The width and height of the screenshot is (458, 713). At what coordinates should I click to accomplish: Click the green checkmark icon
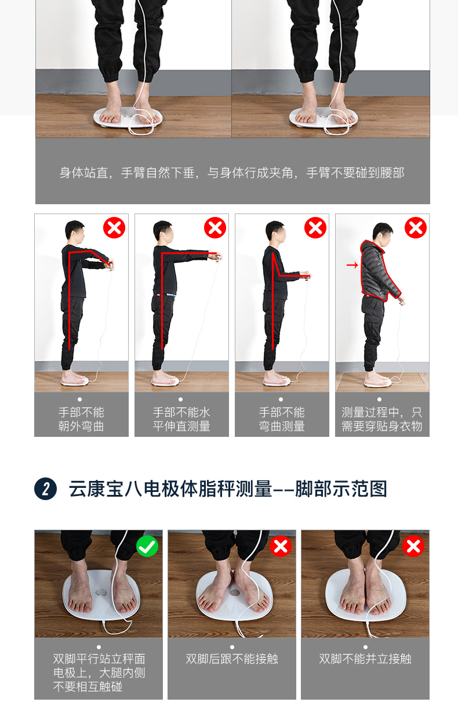pos(147,546)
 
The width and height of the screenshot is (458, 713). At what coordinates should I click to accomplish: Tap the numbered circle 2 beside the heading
pos(45,488)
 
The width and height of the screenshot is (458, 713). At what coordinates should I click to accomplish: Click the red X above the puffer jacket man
pos(415,227)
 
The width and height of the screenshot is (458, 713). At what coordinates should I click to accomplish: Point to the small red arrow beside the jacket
pos(352,265)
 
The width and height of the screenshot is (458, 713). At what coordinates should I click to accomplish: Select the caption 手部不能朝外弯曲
pos(81,419)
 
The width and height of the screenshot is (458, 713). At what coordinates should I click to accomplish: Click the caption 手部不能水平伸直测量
pos(181,419)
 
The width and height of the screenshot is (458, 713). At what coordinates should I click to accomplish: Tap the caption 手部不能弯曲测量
pos(282,419)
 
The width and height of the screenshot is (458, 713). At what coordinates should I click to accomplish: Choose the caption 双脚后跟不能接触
pos(232,659)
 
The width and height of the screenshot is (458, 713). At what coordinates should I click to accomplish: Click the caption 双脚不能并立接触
pos(365,659)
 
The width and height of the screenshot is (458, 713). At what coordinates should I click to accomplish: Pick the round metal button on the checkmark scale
pos(101,592)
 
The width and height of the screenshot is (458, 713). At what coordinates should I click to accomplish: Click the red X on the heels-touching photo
pos(281,546)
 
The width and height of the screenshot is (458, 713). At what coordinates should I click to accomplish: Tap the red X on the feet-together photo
pos(413,546)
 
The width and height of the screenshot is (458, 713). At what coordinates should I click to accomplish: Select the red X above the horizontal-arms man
pos(215,227)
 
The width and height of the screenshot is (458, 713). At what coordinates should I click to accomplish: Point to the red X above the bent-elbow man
pos(315,227)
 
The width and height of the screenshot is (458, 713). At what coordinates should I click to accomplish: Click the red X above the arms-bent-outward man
pos(114,227)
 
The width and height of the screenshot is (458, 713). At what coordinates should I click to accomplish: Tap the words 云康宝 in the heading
pos(96,488)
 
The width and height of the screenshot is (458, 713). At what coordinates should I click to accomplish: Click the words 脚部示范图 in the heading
pos(341,488)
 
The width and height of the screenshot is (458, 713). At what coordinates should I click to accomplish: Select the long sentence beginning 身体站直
pos(232,173)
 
